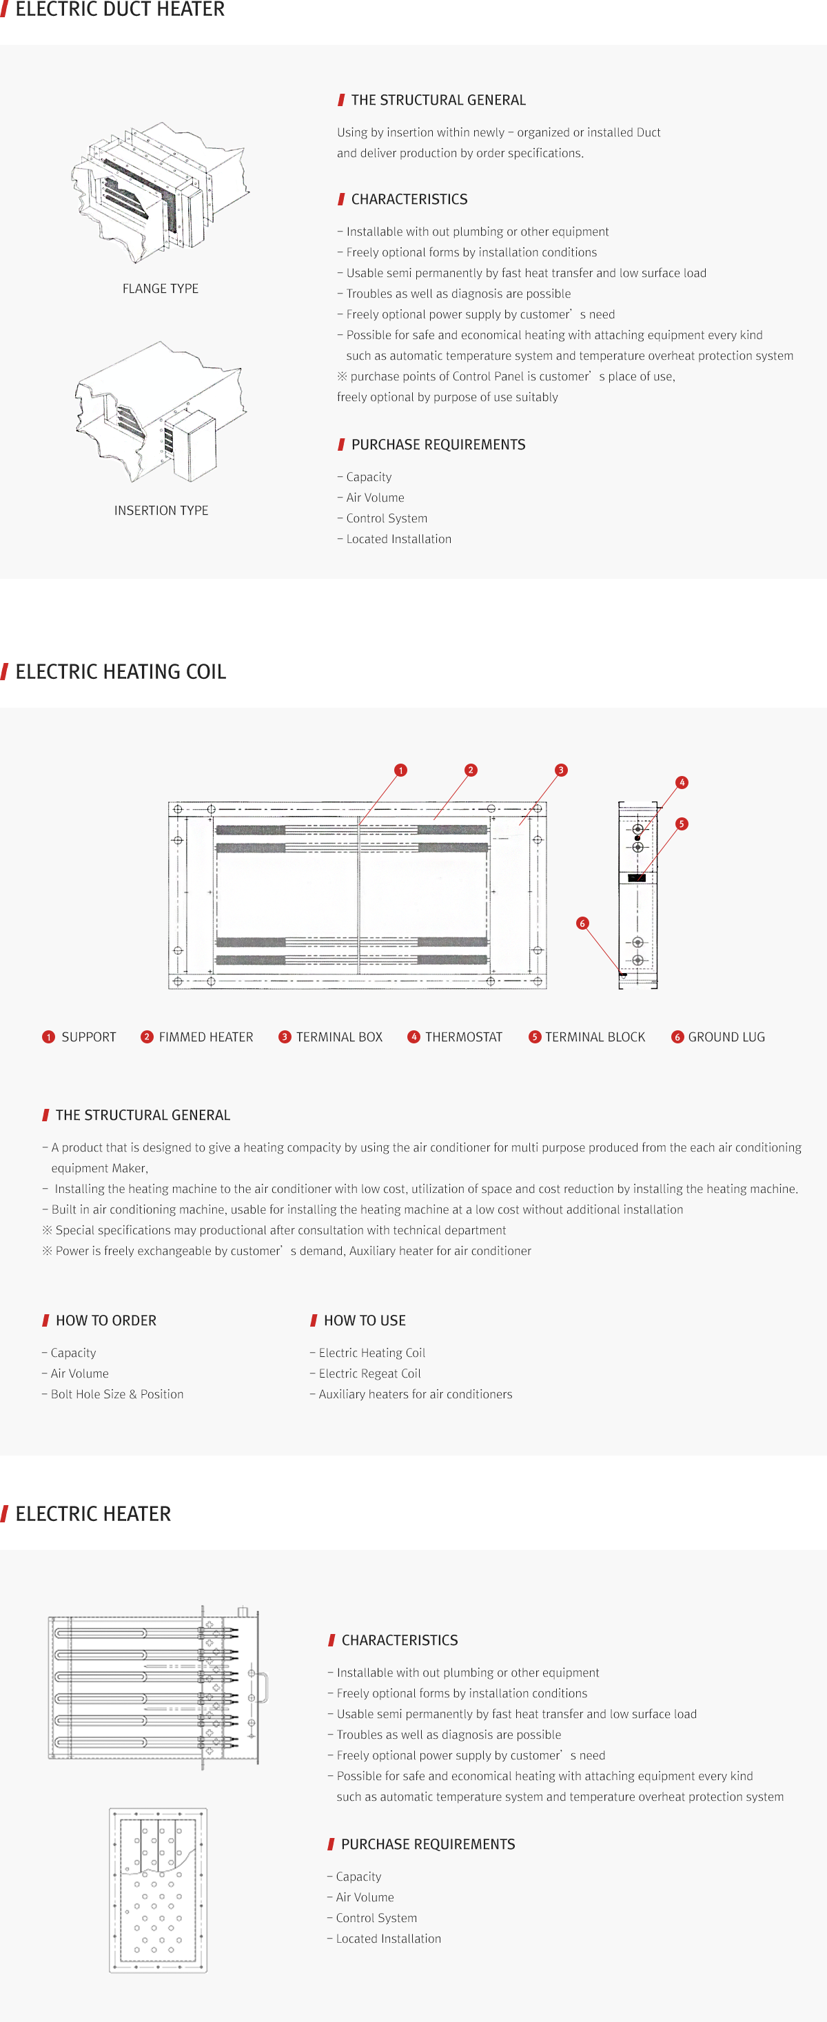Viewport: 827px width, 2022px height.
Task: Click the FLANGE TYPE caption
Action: tap(160, 289)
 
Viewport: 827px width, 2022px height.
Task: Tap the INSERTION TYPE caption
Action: tap(161, 510)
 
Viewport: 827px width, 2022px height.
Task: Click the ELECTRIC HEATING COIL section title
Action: tap(120, 672)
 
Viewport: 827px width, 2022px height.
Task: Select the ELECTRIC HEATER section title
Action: tap(92, 1513)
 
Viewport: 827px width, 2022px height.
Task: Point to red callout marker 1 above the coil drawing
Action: tap(400, 770)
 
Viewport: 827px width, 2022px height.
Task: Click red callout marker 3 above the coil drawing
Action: tap(560, 770)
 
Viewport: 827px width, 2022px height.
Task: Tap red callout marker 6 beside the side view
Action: tap(582, 923)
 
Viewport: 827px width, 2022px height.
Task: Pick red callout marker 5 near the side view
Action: tap(682, 824)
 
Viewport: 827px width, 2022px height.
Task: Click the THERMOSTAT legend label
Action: tap(463, 1037)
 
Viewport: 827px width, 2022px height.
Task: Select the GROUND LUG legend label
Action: tap(726, 1037)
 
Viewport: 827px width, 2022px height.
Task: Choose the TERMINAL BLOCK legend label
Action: tap(595, 1037)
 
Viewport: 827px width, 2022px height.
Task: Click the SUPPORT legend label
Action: tap(89, 1037)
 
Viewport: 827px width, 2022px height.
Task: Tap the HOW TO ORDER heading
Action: tap(106, 1320)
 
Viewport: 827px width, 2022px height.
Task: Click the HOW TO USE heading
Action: tap(364, 1320)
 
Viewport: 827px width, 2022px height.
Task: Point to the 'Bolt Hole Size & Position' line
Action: tap(117, 1394)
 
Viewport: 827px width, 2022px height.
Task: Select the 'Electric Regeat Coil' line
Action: tap(369, 1373)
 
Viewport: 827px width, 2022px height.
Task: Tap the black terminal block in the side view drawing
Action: tap(636, 877)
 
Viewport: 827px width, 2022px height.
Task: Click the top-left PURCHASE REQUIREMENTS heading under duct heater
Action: tap(438, 445)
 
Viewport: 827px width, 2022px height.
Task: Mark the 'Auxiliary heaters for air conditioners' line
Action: tap(415, 1394)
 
